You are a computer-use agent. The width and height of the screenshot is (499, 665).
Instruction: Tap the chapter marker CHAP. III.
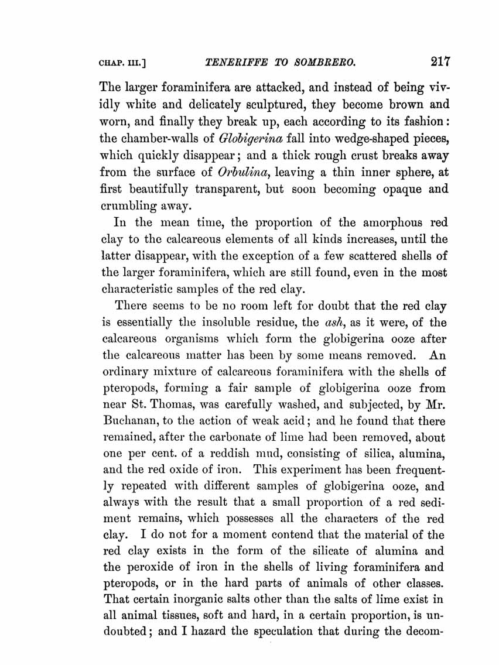[x=121, y=63]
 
